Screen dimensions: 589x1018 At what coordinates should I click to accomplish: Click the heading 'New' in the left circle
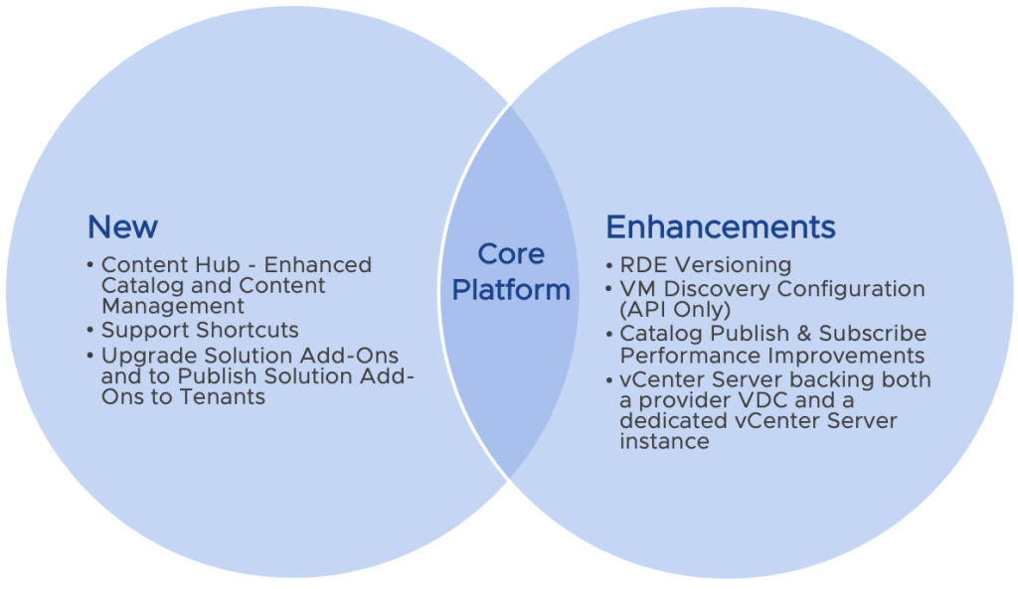[122, 226]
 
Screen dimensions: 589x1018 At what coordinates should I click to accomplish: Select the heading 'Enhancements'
[721, 226]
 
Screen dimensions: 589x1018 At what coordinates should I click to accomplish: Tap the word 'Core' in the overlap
[511, 254]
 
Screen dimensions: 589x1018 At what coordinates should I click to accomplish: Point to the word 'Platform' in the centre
[510, 290]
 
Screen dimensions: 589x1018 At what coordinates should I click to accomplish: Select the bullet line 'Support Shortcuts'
[200, 330]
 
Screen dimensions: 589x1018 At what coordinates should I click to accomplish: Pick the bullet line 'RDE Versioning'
[705, 265]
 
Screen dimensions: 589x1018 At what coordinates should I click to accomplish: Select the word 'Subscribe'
[873, 334]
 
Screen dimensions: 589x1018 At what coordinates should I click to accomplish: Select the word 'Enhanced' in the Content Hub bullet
[319, 265]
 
